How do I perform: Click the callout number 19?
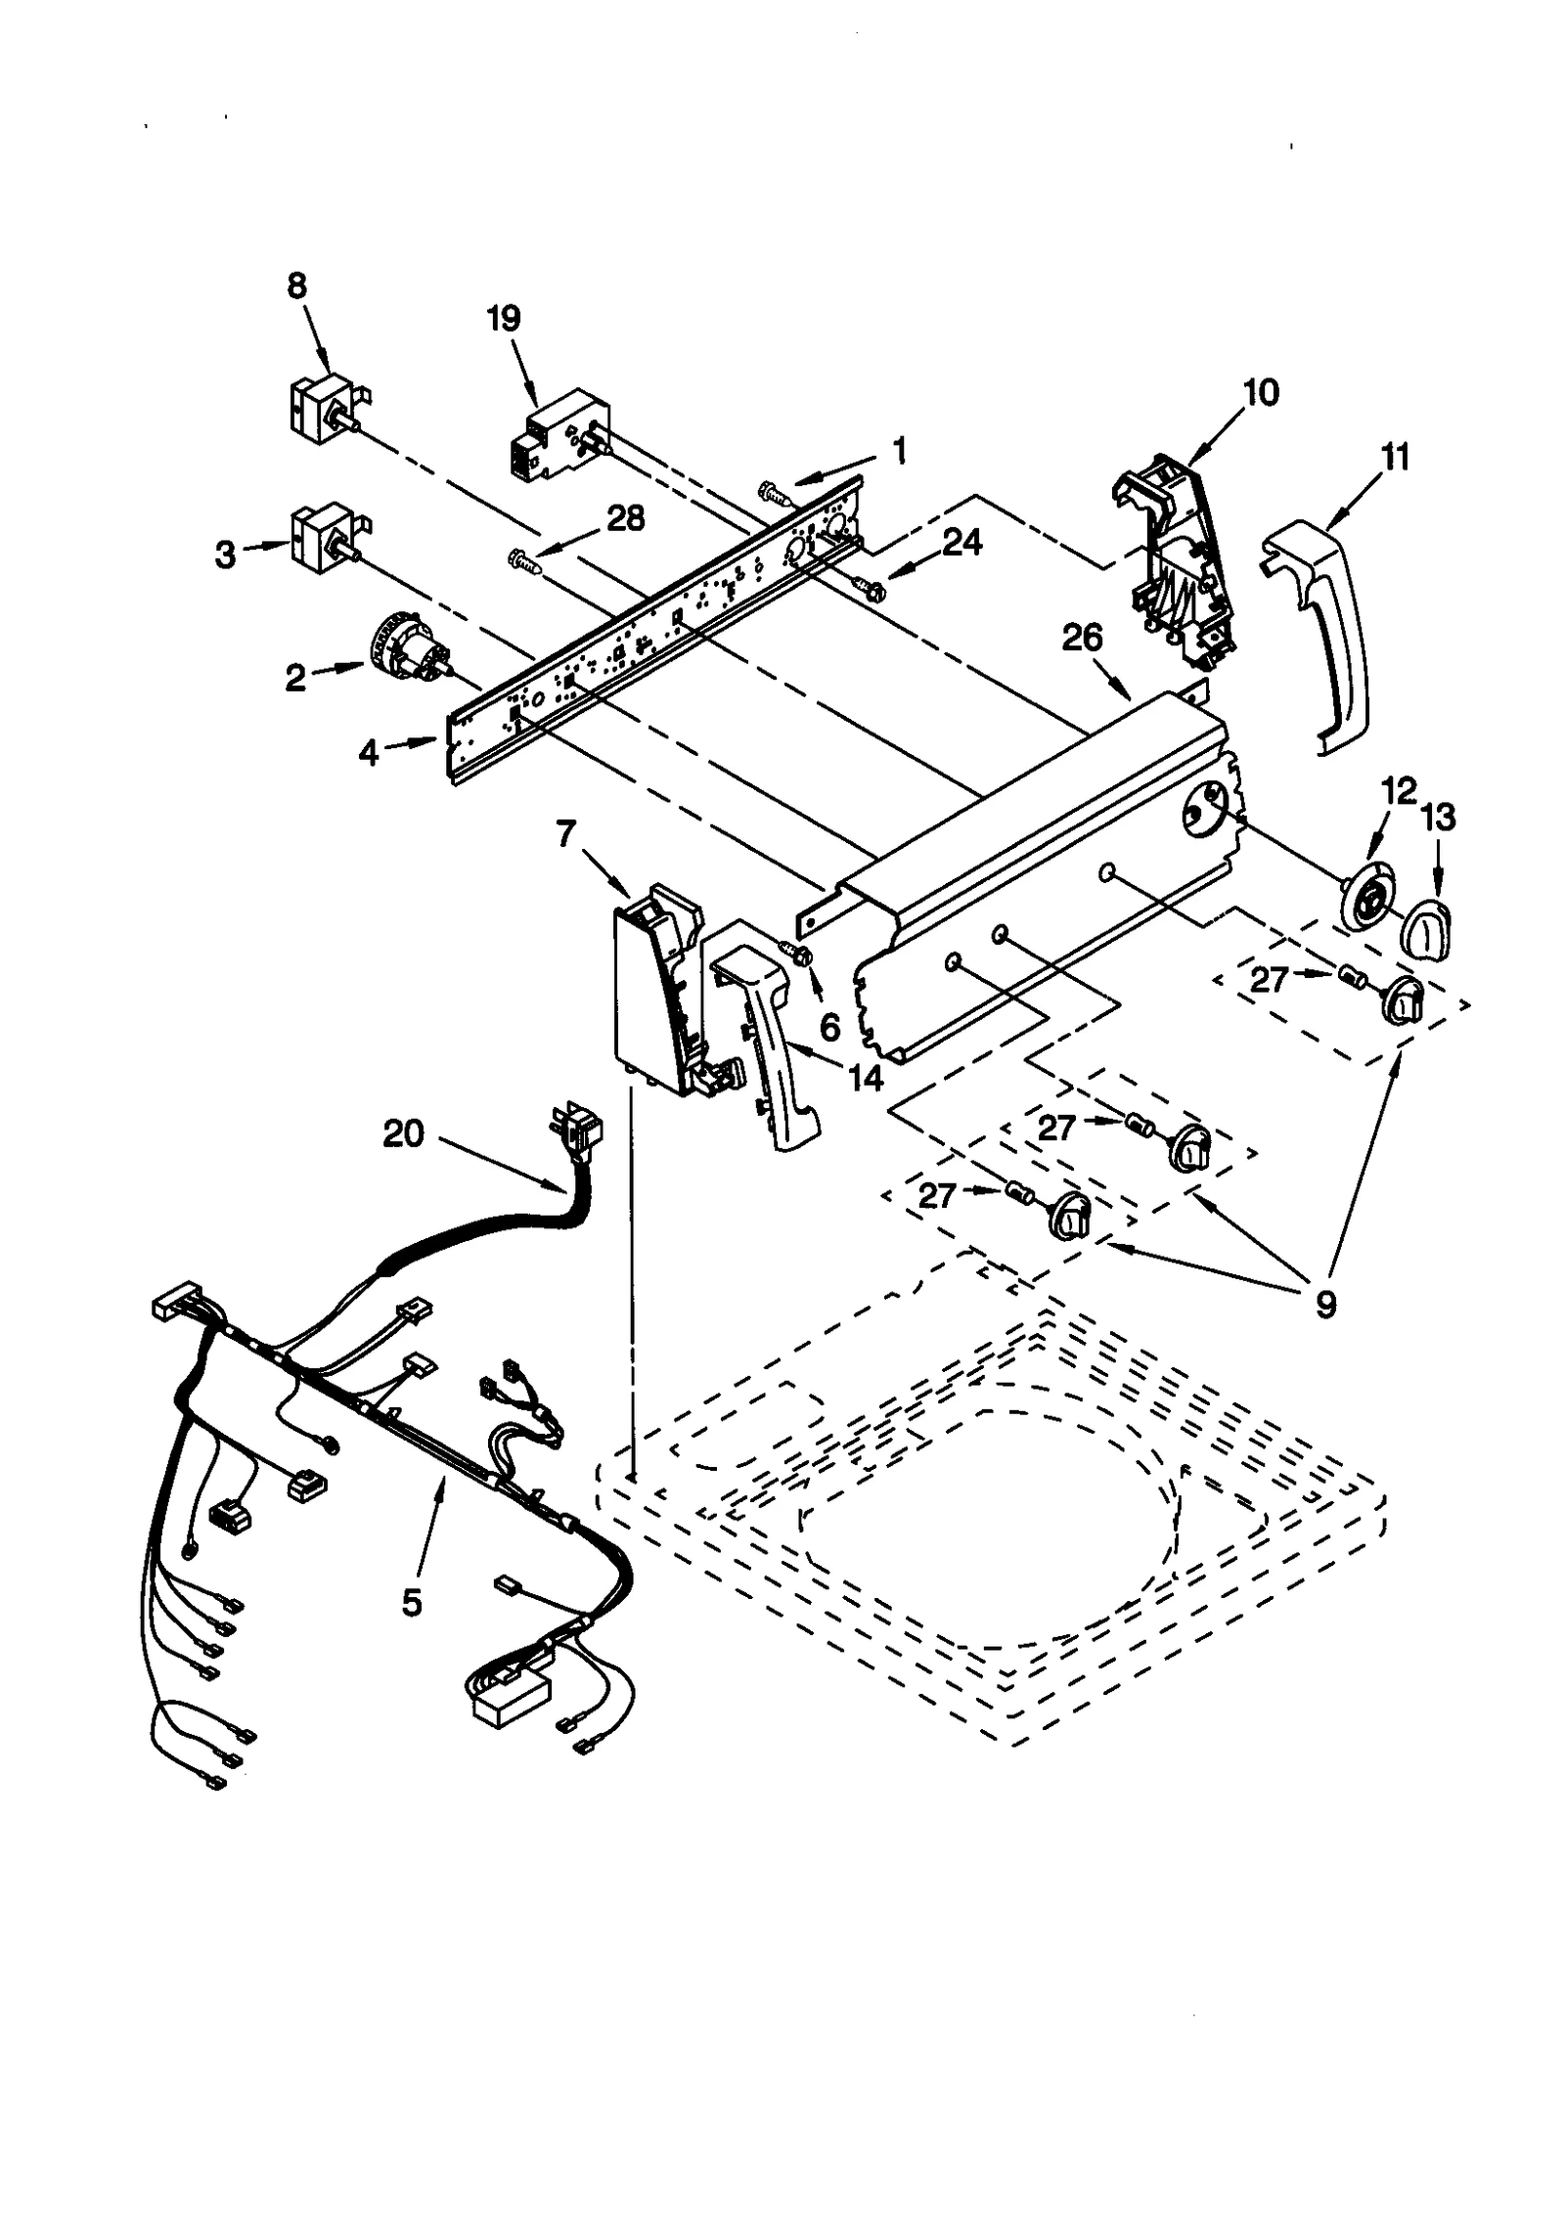(x=505, y=319)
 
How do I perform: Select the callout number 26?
(x=1082, y=638)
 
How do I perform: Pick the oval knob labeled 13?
(x=1429, y=924)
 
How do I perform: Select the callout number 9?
(x=1325, y=1303)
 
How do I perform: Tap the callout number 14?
(x=865, y=1078)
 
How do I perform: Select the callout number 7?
(x=565, y=834)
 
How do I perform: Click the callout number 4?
(x=368, y=752)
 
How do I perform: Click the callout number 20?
(x=403, y=1133)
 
